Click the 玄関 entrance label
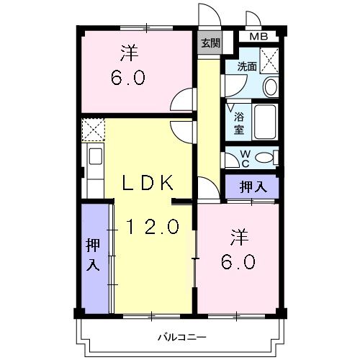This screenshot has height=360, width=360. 210,42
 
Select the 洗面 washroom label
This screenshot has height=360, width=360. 247,66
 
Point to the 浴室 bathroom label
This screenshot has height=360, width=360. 238,122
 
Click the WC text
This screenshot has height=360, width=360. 243,157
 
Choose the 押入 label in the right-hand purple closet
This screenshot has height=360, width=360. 252,186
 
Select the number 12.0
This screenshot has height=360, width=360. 153,227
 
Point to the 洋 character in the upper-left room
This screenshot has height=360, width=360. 129,52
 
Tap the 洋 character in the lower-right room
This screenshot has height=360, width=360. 239,235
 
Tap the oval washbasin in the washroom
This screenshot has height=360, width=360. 270,86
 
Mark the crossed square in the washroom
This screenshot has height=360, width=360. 269,58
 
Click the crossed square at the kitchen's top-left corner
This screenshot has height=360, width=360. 92,130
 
